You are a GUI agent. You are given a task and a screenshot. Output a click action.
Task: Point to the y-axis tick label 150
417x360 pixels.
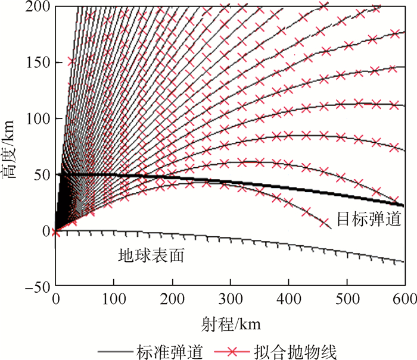pyautogui.click(x=38, y=63)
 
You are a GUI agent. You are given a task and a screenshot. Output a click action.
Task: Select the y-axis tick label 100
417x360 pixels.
pyautogui.click(x=38, y=119)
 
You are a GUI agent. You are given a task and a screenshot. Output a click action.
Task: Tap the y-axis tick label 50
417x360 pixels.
pyautogui.click(x=41, y=175)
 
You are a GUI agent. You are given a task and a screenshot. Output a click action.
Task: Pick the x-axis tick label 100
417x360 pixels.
pyautogui.click(x=113, y=299)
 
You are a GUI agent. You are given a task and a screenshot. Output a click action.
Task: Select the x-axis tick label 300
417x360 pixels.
pyautogui.click(x=229, y=299)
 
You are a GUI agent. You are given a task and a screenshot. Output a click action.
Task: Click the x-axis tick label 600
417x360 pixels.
pyautogui.click(x=400, y=299)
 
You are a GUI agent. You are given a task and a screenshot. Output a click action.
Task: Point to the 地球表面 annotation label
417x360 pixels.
pyautogui.click(x=150, y=255)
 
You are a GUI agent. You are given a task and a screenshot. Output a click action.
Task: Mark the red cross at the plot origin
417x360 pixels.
pyautogui.click(x=55, y=231)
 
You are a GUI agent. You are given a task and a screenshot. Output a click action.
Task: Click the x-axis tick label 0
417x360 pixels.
pyautogui.click(x=55, y=299)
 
